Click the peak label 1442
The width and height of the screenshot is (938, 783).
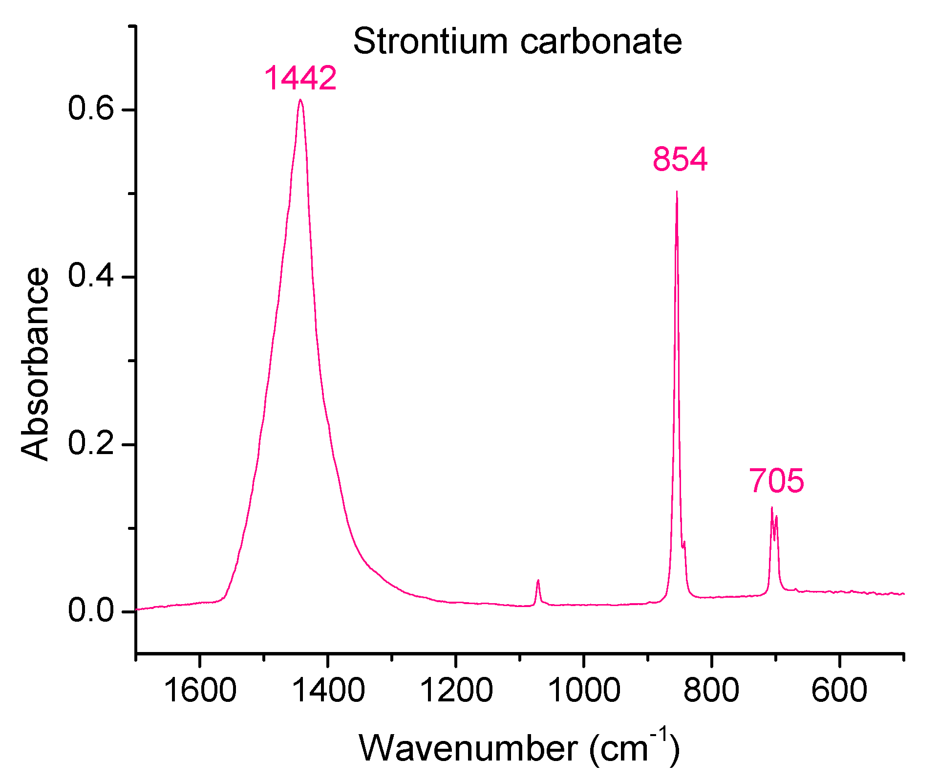click(300, 78)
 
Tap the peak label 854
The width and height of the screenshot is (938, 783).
click(680, 159)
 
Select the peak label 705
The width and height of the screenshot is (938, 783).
click(776, 480)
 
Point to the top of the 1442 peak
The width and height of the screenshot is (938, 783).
click(300, 100)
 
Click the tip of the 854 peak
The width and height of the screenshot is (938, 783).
click(677, 192)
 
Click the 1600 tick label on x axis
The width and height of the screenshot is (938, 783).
click(200, 691)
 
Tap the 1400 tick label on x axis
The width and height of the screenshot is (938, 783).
click(328, 691)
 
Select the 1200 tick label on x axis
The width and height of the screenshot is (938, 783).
click(456, 691)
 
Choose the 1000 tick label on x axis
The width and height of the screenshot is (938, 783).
click(584, 691)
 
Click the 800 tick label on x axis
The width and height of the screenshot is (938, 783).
click(711, 691)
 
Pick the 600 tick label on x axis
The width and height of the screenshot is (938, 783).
click(839, 691)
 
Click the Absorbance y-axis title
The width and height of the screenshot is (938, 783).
click(35, 364)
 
